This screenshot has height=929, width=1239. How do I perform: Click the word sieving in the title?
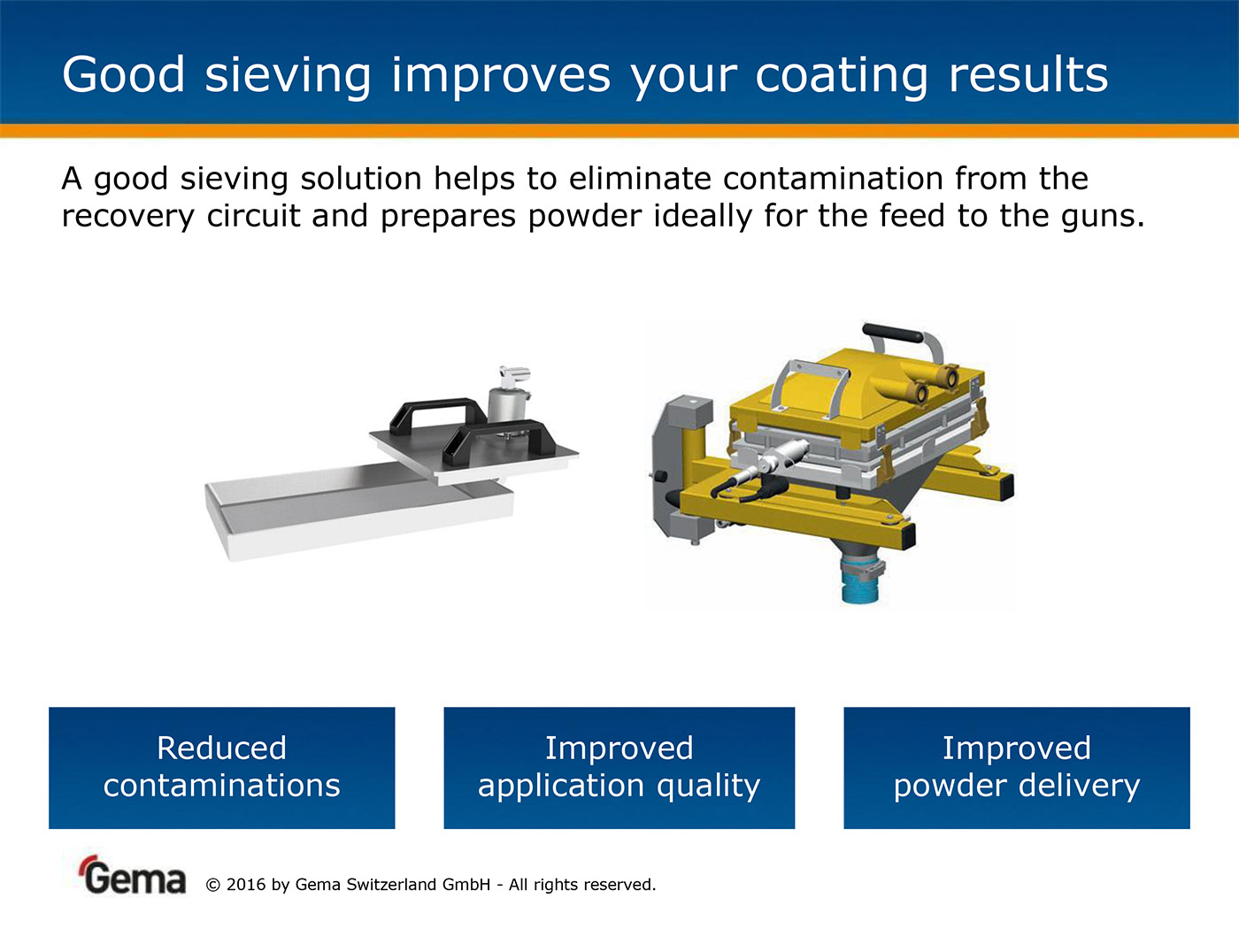click(288, 75)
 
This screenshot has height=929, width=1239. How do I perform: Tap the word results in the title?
click(1027, 74)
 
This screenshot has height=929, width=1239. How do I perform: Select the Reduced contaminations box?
click(222, 767)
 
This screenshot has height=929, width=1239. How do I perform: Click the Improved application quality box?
click(619, 767)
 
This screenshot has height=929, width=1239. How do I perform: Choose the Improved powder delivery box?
click(1017, 767)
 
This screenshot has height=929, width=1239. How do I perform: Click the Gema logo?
click(132, 875)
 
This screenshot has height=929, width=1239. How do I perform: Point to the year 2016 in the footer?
click(246, 885)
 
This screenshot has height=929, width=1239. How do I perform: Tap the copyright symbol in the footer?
click(212, 885)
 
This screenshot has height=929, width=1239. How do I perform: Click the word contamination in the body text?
click(833, 178)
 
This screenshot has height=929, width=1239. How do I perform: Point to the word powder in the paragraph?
click(584, 217)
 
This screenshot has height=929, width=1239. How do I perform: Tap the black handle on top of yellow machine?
click(893, 333)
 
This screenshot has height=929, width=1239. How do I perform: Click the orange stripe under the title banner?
click(619, 131)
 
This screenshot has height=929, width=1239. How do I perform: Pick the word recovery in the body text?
click(127, 217)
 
